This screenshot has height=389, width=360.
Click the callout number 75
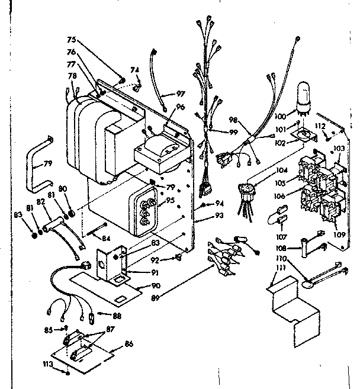72,40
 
